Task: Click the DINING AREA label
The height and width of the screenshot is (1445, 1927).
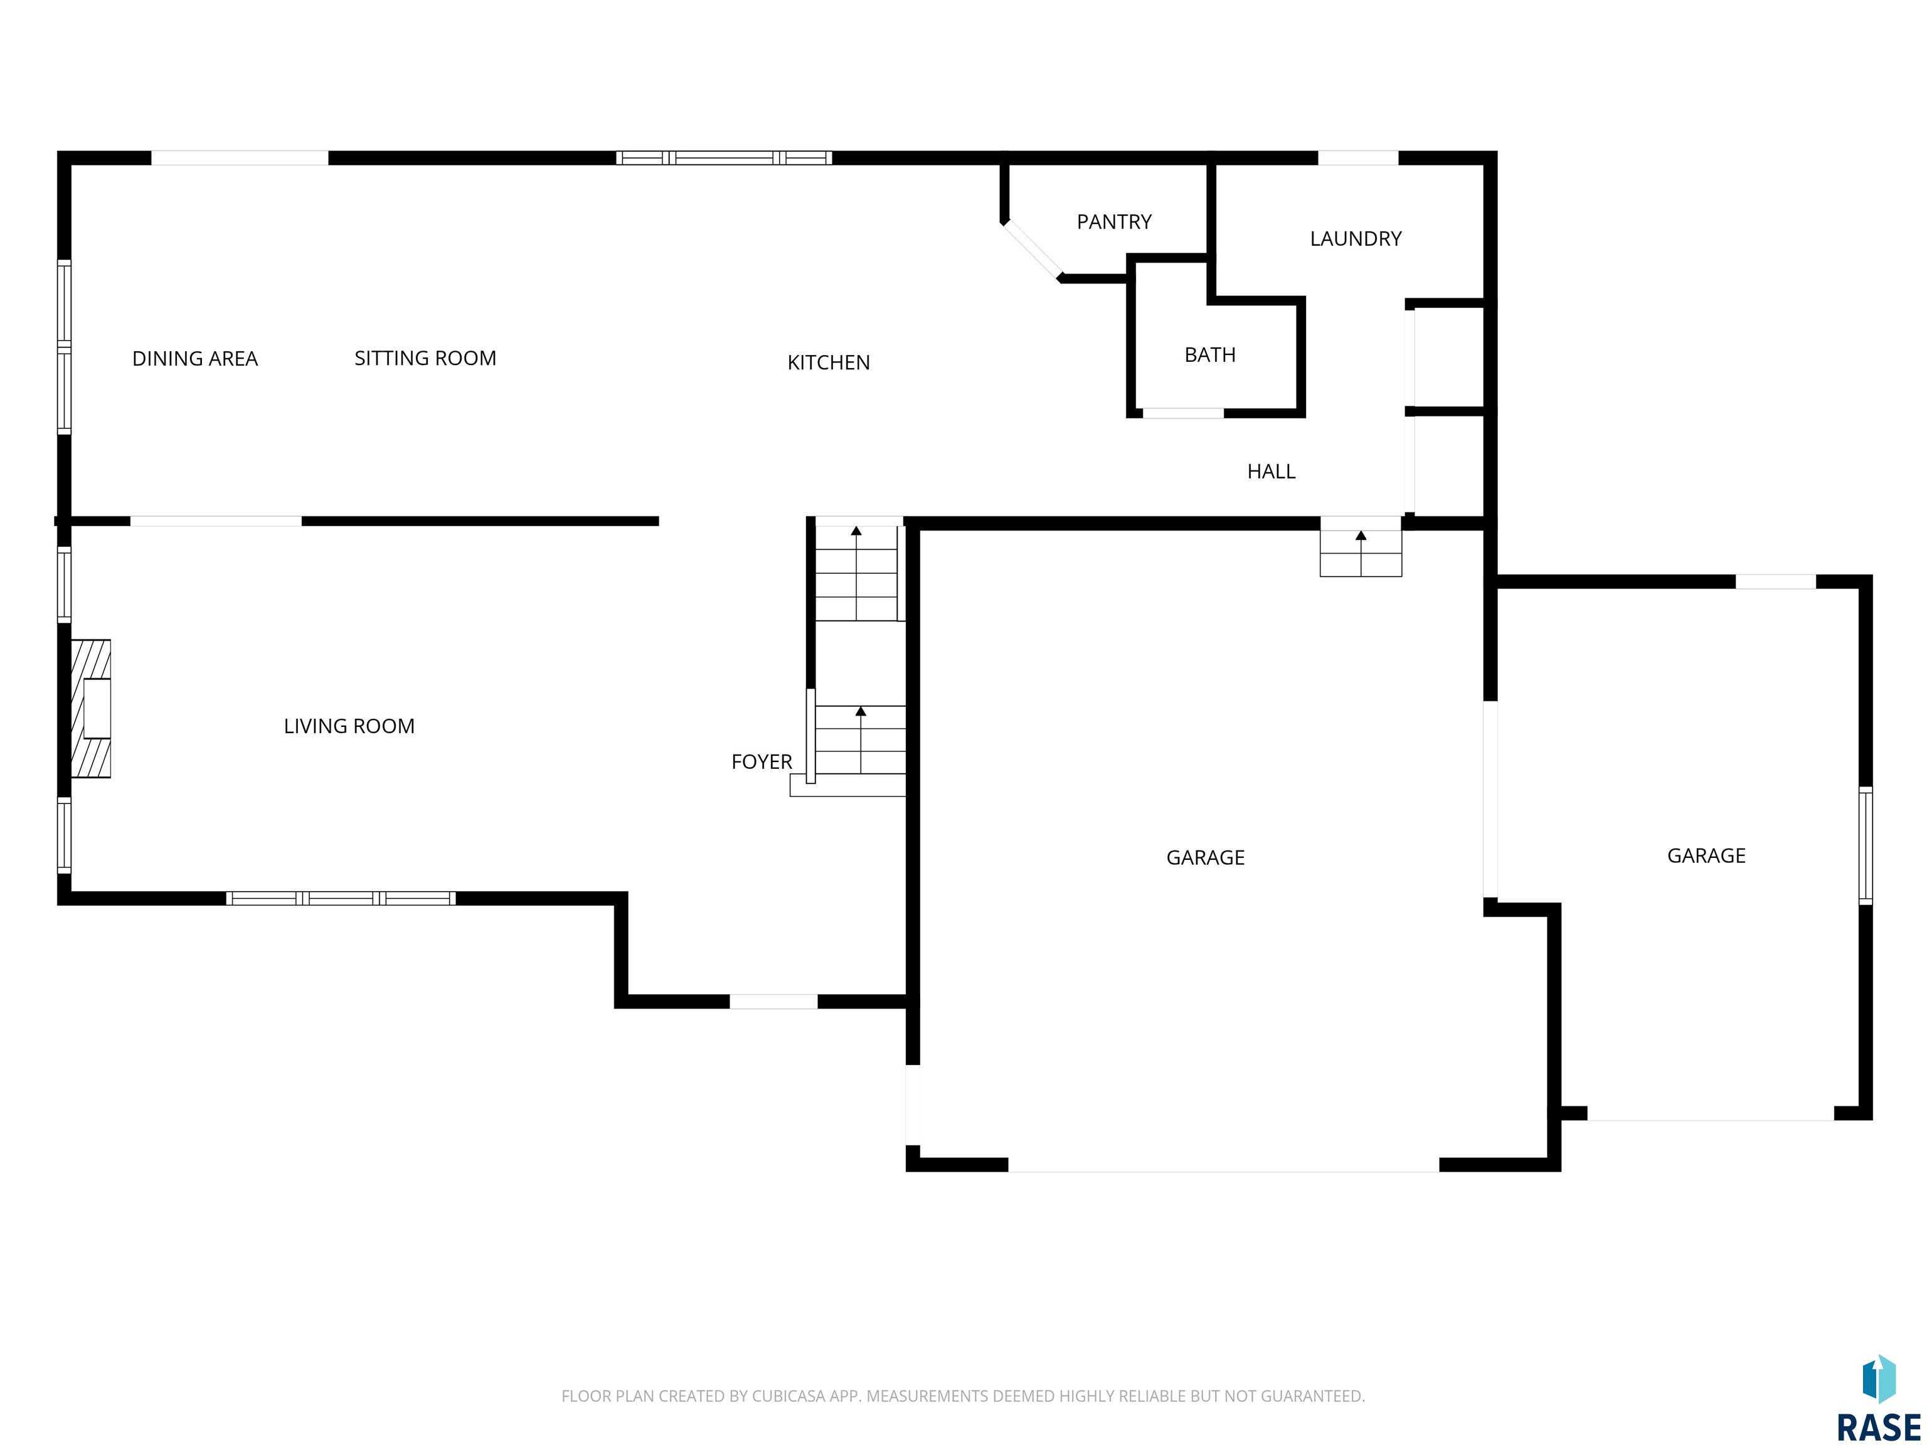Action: (x=194, y=359)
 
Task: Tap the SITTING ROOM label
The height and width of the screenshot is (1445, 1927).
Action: (x=425, y=358)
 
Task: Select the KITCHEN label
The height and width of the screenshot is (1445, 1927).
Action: (x=829, y=363)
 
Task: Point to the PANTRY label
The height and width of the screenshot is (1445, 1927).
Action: (x=1114, y=222)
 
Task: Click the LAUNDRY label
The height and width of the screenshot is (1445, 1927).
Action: (x=1356, y=239)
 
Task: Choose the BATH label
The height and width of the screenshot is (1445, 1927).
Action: (x=1210, y=354)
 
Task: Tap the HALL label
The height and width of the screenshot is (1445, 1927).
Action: (x=1271, y=471)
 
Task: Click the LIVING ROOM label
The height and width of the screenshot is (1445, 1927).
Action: (x=349, y=726)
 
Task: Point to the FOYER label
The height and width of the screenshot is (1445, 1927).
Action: (x=762, y=762)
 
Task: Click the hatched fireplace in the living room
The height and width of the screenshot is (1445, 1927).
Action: (x=90, y=708)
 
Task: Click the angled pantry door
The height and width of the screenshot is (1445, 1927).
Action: (x=1033, y=251)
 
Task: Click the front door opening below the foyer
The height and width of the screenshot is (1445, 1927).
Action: (x=773, y=1002)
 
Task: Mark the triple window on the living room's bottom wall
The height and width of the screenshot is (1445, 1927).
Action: (x=341, y=898)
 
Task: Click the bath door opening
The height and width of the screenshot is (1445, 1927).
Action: (x=1183, y=413)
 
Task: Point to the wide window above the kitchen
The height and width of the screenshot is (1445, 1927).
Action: (x=724, y=157)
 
